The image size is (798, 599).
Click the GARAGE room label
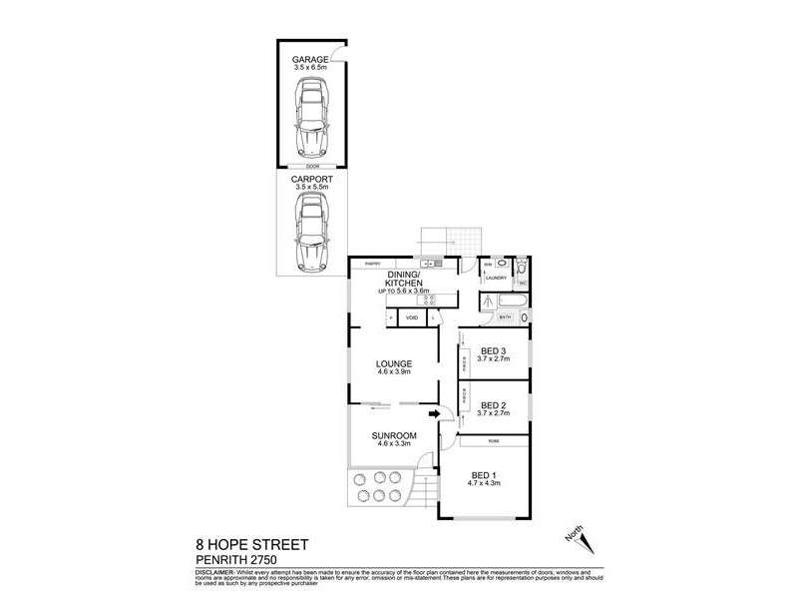(310, 60)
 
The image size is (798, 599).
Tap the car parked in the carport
(311, 231)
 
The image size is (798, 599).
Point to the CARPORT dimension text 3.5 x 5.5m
(311, 187)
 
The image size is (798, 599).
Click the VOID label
(411, 318)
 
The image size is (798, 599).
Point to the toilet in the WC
(523, 283)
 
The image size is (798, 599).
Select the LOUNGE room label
(394, 363)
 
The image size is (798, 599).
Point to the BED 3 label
(494, 350)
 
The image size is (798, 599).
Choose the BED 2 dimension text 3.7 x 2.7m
(494, 413)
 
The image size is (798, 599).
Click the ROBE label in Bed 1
(494, 440)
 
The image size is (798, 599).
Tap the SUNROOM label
(394, 436)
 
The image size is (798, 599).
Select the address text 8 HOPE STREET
(251, 545)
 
